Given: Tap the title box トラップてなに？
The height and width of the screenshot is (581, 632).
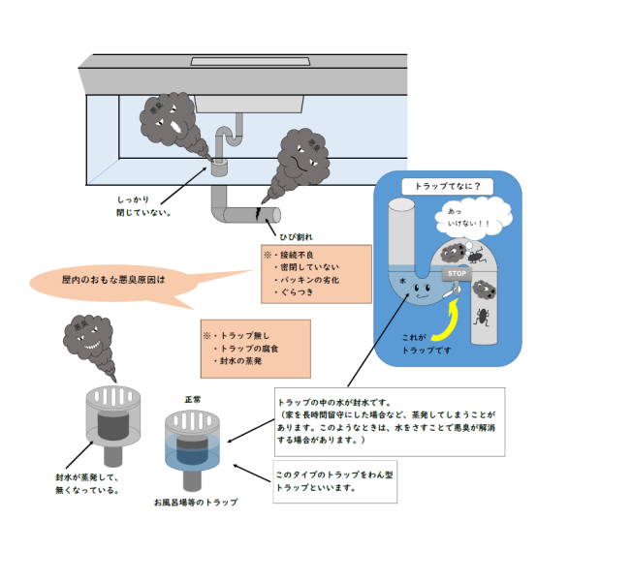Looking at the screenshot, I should [x=447, y=184].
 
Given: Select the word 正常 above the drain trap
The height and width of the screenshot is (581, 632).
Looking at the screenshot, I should [x=194, y=399].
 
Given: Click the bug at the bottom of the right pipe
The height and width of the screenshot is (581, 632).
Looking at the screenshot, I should [x=482, y=316].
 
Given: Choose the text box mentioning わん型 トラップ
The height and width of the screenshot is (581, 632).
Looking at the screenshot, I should [x=335, y=480].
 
